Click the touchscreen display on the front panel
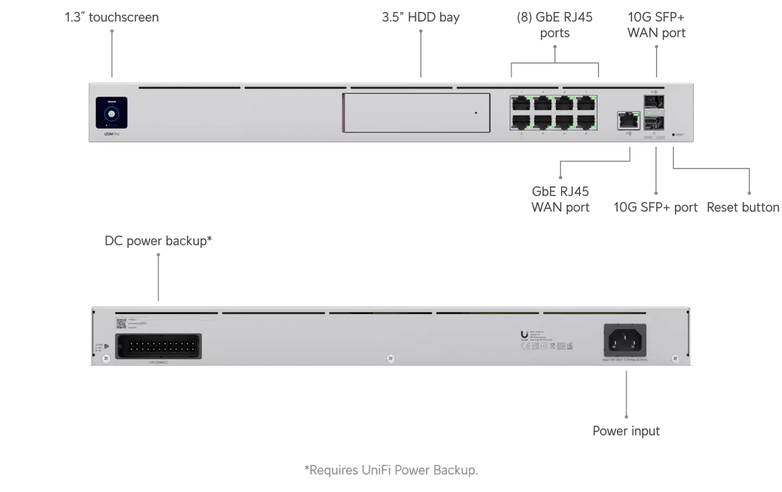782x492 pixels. pos(112,113)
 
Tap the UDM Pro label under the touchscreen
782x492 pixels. pos(111,134)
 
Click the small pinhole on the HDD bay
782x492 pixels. pos(476,113)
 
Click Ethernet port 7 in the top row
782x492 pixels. pos(586,103)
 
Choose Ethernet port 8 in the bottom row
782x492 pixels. pos(586,122)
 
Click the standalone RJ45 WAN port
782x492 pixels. pos(628,120)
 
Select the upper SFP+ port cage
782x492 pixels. pos(654,102)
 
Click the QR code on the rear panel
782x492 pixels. pos(121,324)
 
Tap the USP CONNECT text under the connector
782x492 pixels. pos(158,362)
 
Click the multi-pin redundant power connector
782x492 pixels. pos(158,346)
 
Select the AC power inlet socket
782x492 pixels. pos(625,341)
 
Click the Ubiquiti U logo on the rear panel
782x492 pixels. pos(524,335)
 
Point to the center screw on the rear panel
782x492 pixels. pos(390,359)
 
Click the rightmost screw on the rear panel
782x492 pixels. pos(675,359)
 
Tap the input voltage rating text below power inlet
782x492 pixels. pos(625,360)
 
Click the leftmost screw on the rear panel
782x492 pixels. pos(106,358)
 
